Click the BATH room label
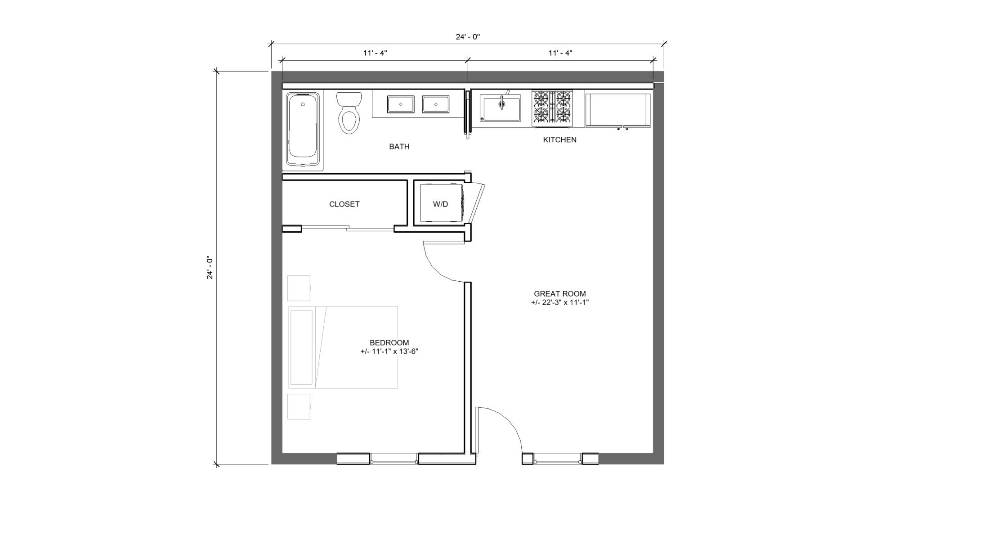(399, 147)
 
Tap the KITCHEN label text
(559, 140)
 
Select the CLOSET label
(344, 204)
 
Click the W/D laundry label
(440, 204)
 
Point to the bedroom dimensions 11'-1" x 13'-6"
(389, 352)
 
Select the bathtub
(303, 130)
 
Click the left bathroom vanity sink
(400, 104)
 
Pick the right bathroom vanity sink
(435, 104)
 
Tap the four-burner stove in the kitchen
(552, 108)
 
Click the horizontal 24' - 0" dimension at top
(468, 37)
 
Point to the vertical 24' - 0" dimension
(210, 268)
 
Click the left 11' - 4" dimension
(375, 53)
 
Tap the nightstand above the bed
(299, 288)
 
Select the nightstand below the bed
(299, 406)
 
